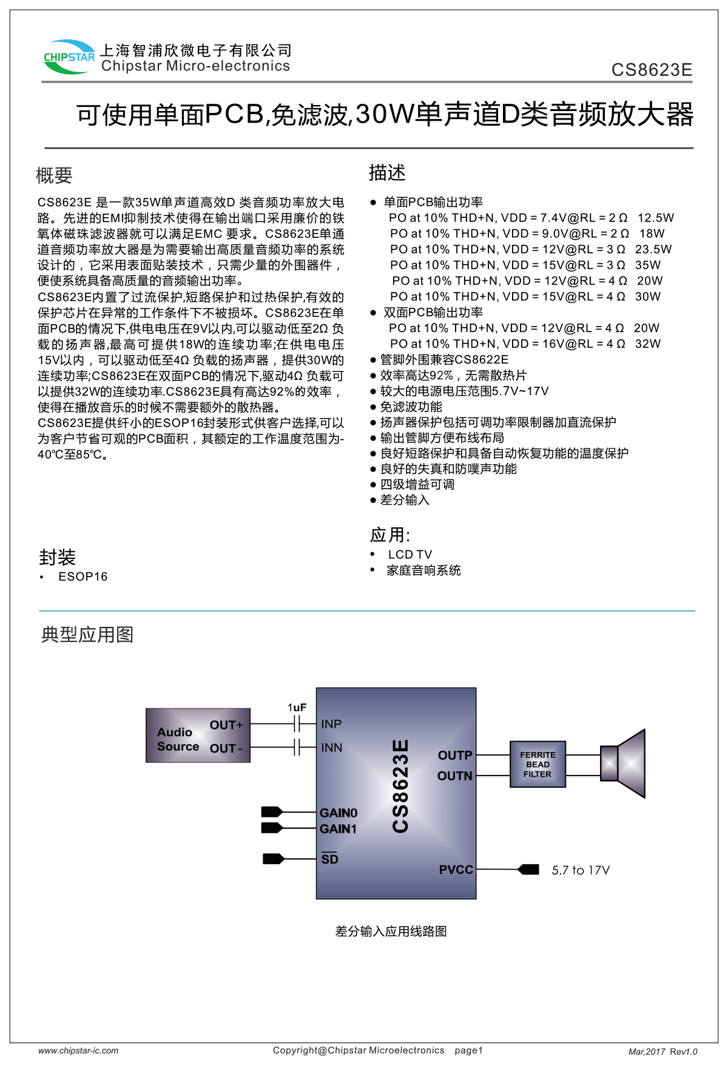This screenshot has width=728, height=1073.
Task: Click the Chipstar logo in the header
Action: coord(69,57)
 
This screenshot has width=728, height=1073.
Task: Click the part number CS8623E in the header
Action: coord(652,70)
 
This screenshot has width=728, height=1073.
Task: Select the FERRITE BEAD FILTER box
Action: coord(538,764)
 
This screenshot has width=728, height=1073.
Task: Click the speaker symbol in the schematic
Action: coord(623,763)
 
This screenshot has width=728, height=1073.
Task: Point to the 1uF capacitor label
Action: coord(297,708)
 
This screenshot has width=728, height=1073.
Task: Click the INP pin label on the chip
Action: coord(331,724)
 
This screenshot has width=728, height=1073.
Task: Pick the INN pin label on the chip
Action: coord(331,748)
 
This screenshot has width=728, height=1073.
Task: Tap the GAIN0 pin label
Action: coord(339,813)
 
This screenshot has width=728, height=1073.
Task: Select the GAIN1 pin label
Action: coord(339,829)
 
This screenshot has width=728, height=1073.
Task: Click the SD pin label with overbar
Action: coord(329,859)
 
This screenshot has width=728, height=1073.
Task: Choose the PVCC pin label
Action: coord(456,870)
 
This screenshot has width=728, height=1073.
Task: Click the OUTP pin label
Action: coord(455,756)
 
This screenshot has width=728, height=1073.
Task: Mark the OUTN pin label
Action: coord(454,776)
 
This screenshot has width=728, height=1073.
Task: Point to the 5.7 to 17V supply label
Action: coord(580,870)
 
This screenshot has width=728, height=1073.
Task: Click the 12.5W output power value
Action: coord(655,218)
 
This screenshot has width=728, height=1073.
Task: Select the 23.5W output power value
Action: coord(653,249)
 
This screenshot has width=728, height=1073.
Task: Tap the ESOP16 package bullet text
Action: coord(83,577)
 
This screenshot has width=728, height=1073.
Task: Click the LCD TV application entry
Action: coord(409,555)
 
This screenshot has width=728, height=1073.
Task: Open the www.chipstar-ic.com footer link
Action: coord(78,1051)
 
